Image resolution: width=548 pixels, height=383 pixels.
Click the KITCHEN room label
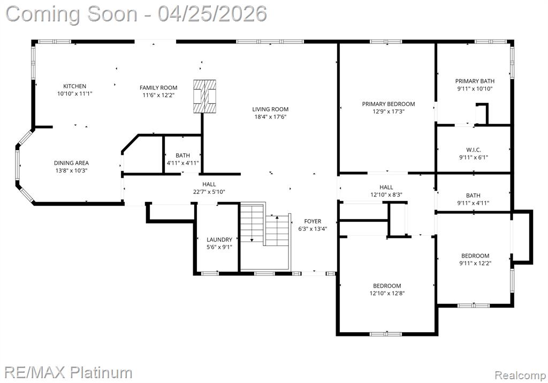click(x=74, y=86)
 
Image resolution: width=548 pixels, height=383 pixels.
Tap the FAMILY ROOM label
click(x=158, y=88)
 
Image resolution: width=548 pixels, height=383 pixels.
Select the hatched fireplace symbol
click(x=205, y=96)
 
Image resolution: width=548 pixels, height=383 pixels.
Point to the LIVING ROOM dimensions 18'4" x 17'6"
click(x=270, y=117)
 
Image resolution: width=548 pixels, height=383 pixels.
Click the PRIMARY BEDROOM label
click(x=389, y=104)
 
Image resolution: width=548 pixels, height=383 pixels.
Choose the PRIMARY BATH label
click(x=475, y=81)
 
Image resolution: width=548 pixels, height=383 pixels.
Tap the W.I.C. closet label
click(x=474, y=150)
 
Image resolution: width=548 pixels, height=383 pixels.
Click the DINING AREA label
click(x=71, y=163)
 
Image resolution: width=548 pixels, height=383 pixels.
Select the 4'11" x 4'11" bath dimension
click(x=183, y=163)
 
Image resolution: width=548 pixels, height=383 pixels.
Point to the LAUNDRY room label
click(x=219, y=239)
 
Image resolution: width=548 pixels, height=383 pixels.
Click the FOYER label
click(x=313, y=221)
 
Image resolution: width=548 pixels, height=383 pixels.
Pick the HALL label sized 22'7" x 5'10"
click(x=209, y=184)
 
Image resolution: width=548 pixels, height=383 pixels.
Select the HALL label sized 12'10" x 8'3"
click(x=386, y=187)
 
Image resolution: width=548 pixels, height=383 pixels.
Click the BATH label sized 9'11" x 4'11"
click(x=473, y=196)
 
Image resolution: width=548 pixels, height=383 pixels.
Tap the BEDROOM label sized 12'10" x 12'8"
click(x=387, y=286)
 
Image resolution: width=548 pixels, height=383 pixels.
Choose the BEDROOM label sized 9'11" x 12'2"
click(x=475, y=256)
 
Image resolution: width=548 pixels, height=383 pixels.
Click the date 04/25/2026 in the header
click(x=212, y=14)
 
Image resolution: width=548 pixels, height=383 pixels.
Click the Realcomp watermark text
click(x=520, y=376)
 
